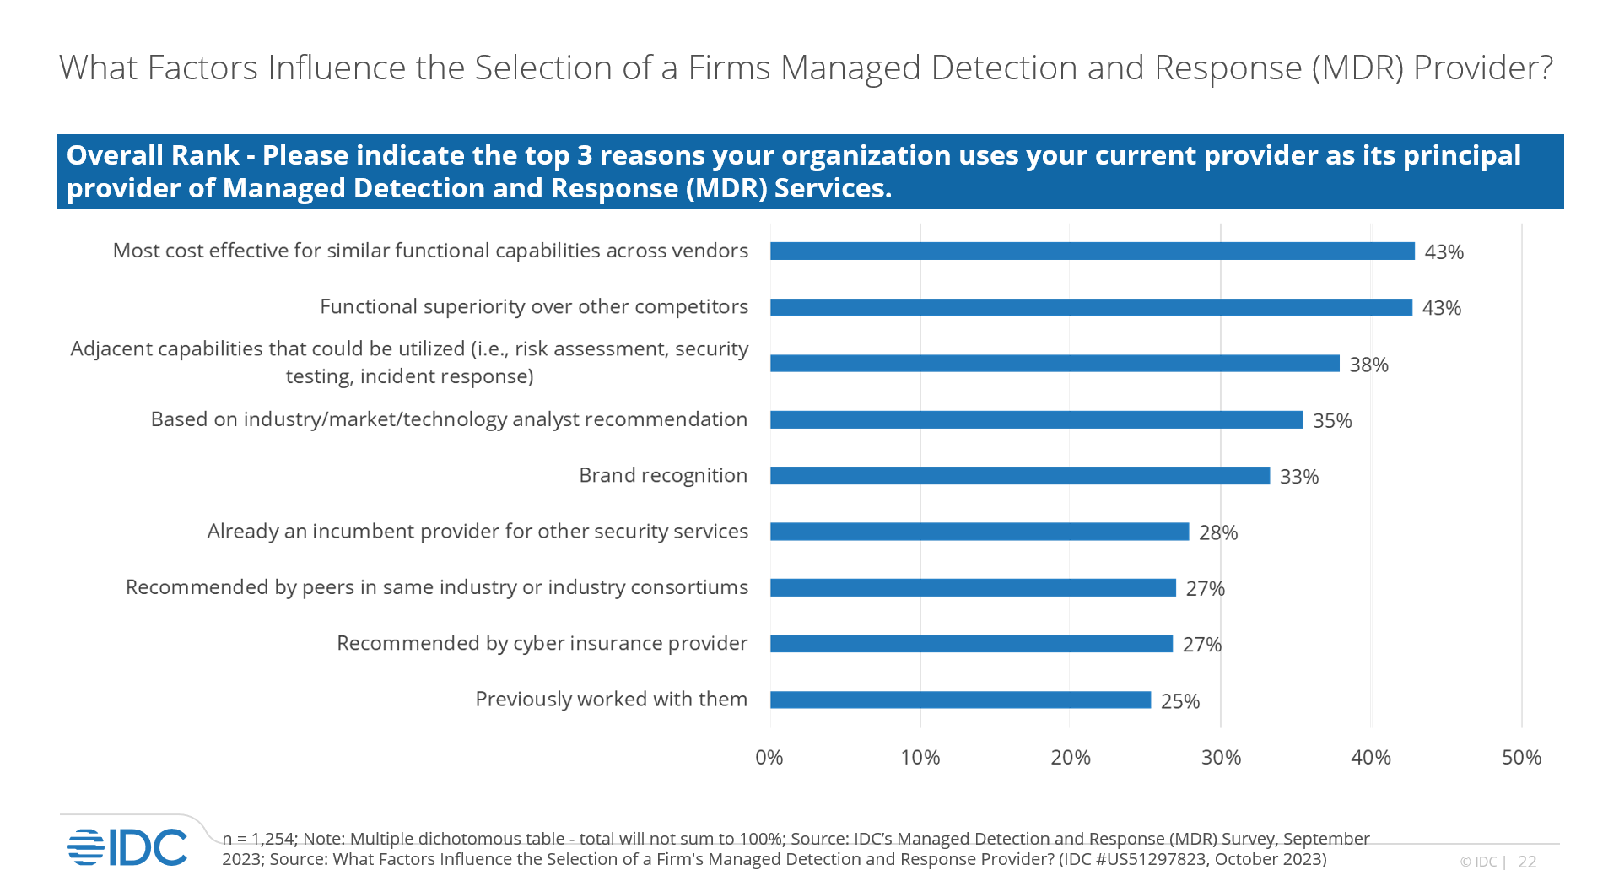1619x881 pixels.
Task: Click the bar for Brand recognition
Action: tap(1019, 476)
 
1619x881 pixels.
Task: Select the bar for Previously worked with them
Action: tap(960, 700)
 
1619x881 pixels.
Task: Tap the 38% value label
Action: tap(1368, 365)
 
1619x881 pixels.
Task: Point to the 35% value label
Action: tap(1332, 420)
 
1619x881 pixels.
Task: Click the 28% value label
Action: tap(1218, 532)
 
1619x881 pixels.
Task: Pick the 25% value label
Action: tap(1179, 701)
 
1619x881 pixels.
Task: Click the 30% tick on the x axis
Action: tap(1221, 757)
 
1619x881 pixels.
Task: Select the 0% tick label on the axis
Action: tap(769, 757)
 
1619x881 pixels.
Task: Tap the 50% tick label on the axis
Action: tap(1521, 757)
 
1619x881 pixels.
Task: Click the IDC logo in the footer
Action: tap(127, 846)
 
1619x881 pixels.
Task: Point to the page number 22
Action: tap(1527, 862)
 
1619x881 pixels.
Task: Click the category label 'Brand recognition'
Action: tap(662, 475)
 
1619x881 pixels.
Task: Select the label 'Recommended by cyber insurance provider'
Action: tap(542, 643)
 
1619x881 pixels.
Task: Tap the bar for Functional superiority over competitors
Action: tap(1091, 307)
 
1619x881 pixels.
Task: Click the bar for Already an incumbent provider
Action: tap(979, 532)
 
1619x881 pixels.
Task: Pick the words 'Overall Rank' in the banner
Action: tap(153, 155)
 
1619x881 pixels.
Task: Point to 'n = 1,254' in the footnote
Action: tap(259, 839)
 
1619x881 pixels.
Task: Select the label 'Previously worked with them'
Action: tap(611, 699)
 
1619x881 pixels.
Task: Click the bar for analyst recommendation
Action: tap(1036, 419)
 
